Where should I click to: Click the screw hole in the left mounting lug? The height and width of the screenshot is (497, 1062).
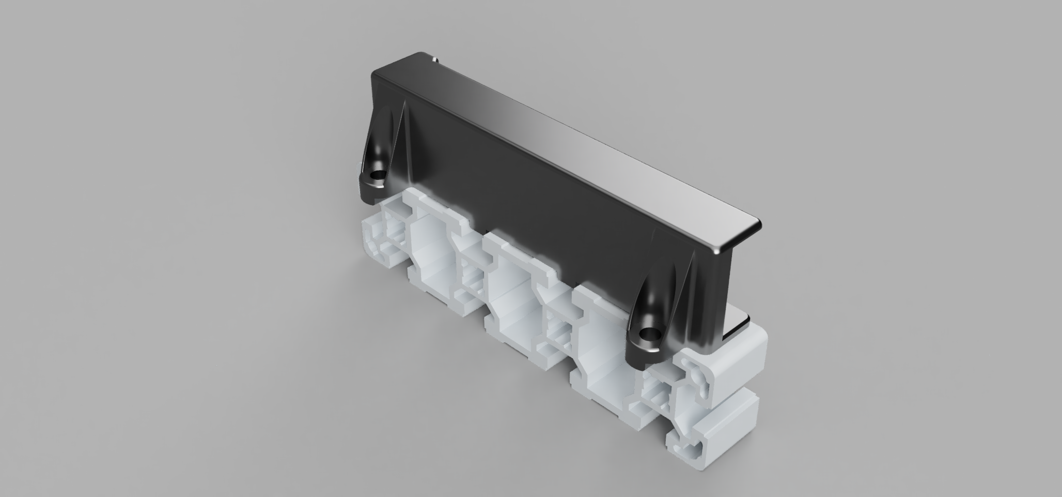pos(379,174)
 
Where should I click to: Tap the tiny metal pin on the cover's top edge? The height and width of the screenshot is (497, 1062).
pos(435,59)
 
